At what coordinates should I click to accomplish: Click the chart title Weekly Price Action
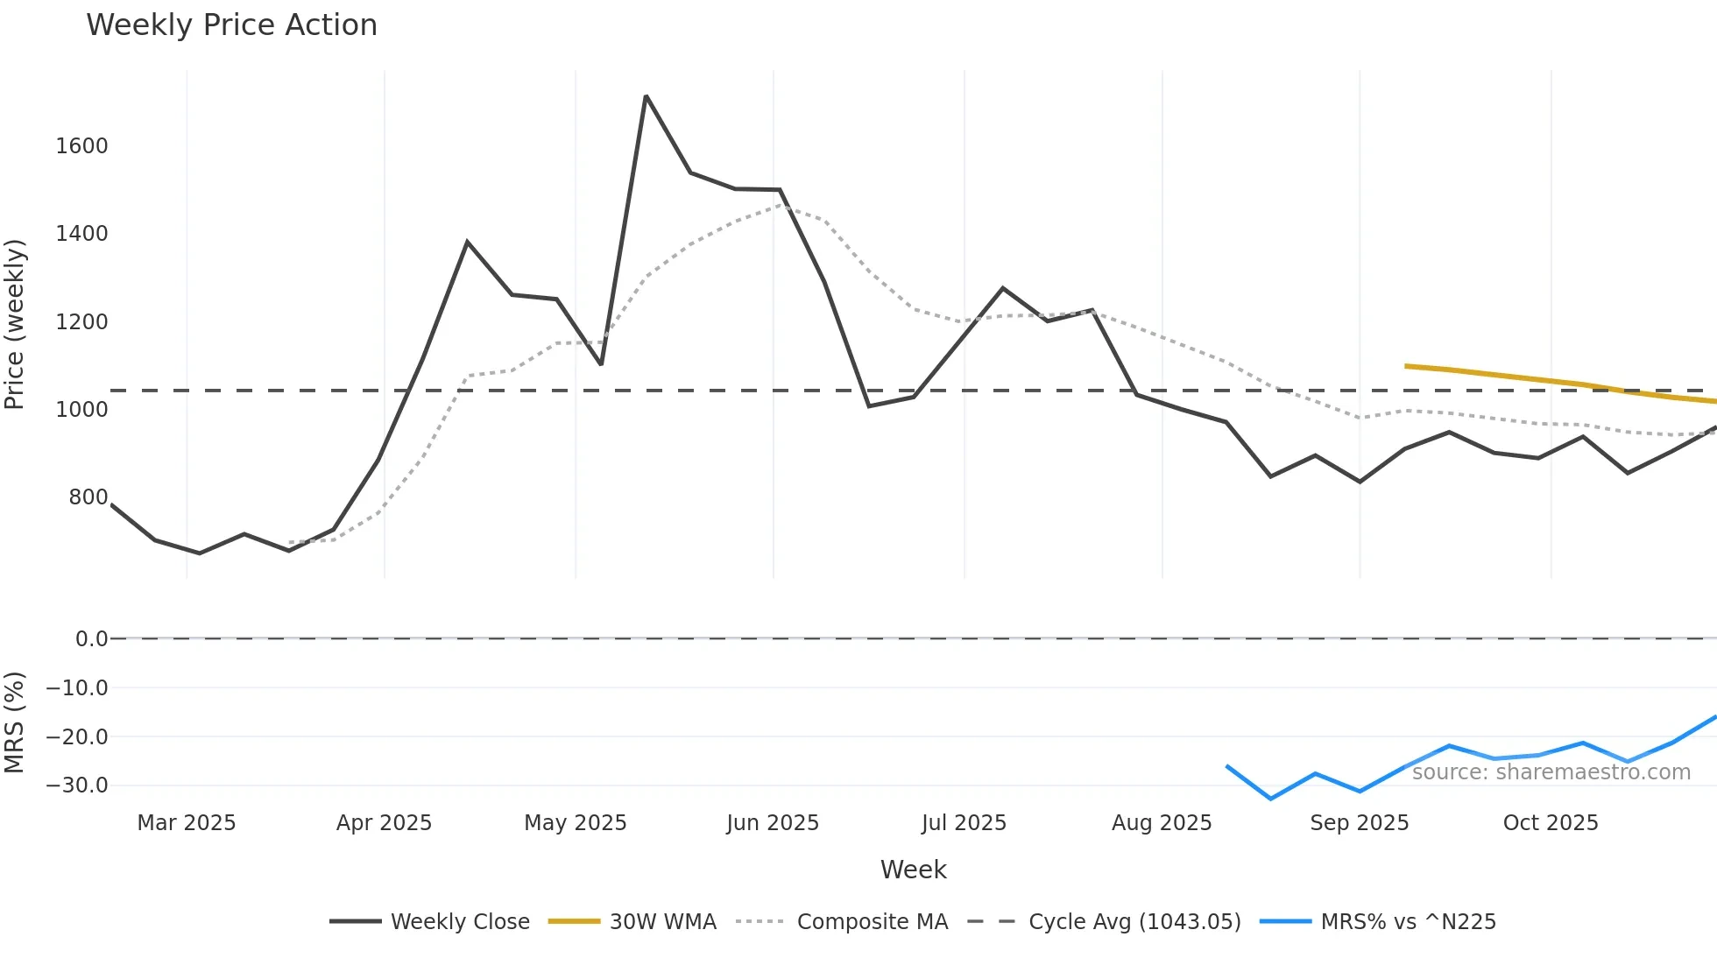[231, 25]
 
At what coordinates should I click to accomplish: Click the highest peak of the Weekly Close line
[646, 96]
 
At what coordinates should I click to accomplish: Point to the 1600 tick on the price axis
[81, 146]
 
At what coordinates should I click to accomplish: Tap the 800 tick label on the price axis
[88, 497]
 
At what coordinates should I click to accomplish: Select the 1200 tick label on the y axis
[81, 322]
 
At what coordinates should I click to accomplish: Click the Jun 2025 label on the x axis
[772, 823]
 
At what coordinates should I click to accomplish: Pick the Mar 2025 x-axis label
[186, 823]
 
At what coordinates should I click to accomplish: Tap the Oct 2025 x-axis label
[1550, 823]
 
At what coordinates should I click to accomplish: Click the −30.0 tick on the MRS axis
[77, 785]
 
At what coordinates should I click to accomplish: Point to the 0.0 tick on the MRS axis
[91, 639]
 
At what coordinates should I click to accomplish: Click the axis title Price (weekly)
[15, 324]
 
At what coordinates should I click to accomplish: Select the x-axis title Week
[913, 870]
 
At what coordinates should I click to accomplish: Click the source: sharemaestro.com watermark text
[1551, 772]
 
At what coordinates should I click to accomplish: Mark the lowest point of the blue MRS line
[1271, 799]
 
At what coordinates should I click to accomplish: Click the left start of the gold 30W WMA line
[1406, 366]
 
